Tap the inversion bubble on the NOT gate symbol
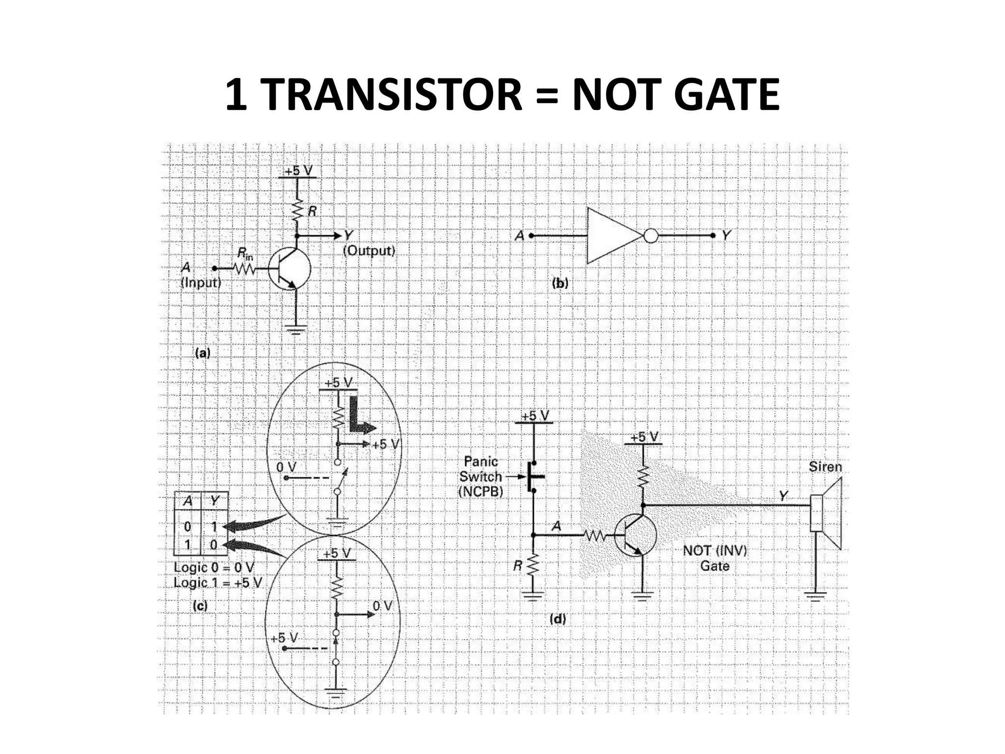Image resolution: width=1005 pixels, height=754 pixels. [x=650, y=236]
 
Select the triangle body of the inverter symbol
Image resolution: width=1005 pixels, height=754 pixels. [x=611, y=236]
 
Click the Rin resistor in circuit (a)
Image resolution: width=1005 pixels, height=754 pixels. [x=244, y=269]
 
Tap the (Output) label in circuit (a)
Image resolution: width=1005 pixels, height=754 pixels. [x=369, y=251]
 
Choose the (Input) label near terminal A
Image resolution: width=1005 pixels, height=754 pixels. [x=201, y=283]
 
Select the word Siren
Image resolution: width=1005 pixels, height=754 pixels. [x=825, y=466]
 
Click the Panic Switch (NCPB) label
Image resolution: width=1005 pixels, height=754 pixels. [x=481, y=476]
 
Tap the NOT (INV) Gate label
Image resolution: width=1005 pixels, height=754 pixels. [x=714, y=558]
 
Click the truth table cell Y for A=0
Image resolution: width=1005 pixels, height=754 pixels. [x=214, y=527]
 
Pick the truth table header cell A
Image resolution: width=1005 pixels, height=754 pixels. [x=187, y=501]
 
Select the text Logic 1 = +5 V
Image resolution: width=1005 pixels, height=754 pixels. [x=218, y=583]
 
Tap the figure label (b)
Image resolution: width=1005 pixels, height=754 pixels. [x=560, y=283]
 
